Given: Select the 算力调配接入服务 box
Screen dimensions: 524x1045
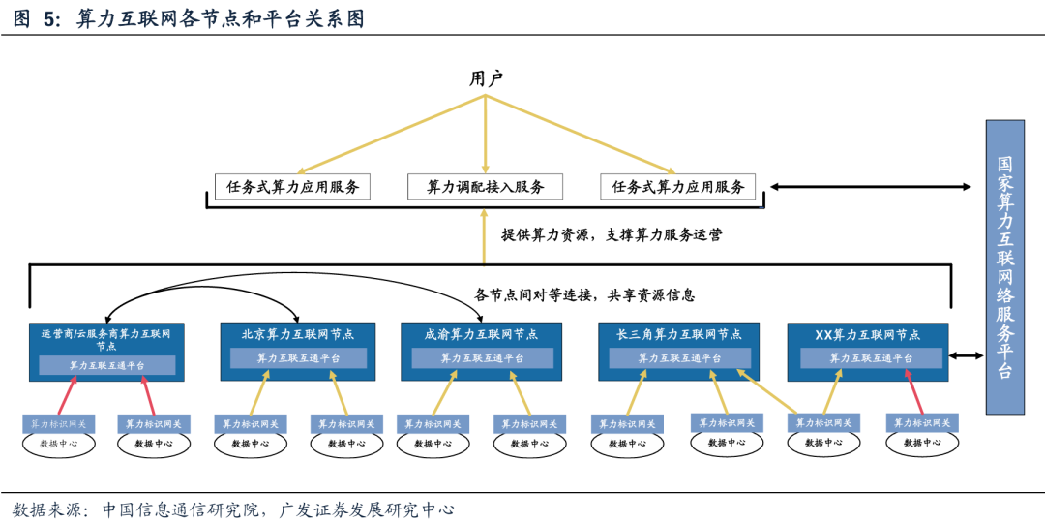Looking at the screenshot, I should click(x=486, y=187).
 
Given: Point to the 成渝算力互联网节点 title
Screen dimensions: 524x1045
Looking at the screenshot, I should click(x=481, y=335).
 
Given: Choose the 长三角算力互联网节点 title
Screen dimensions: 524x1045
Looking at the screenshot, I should click(x=679, y=335).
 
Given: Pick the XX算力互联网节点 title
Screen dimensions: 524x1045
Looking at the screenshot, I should click(x=868, y=335).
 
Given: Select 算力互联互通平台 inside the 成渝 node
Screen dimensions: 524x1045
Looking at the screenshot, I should click(x=482, y=358).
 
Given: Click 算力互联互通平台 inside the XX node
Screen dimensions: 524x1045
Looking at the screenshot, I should click(x=871, y=358).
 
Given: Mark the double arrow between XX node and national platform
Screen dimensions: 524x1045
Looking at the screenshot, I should click(x=966, y=356).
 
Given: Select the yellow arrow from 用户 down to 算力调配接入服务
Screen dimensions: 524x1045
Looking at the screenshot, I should click(x=486, y=136).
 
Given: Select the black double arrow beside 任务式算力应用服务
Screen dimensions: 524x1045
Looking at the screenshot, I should click(x=870, y=187).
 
